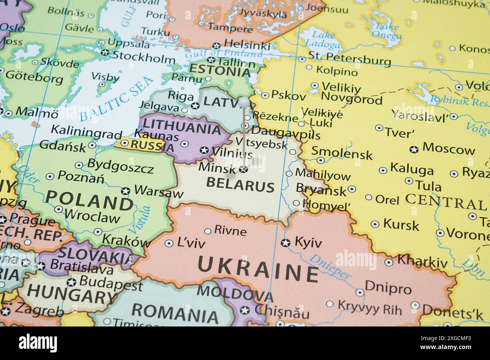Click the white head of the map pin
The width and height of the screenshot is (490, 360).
(244, 102)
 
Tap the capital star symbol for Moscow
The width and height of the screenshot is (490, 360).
(414, 149)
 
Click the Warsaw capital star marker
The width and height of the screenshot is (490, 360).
(126, 191)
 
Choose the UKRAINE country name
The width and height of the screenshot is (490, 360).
(258, 270)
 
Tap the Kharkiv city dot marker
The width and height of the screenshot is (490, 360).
(389, 262)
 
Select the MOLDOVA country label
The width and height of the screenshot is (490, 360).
(234, 293)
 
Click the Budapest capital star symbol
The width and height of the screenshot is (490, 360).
(71, 282)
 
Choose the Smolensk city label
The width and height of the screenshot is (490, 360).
(341, 153)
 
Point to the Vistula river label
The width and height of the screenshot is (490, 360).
(140, 220)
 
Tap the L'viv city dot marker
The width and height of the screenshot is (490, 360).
(169, 244)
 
